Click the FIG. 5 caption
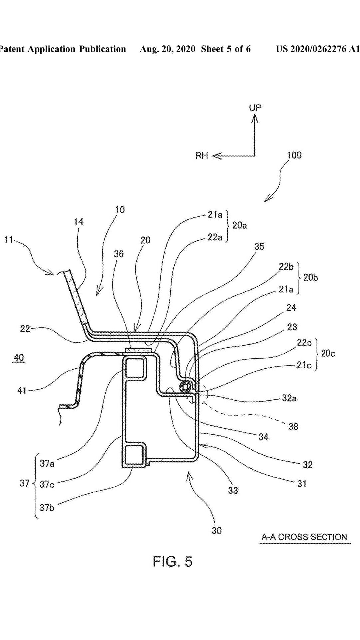click(172, 562)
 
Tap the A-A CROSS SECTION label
click(304, 537)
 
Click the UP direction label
click(255, 107)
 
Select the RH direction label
click(201, 156)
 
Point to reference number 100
click(294, 155)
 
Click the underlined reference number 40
click(19, 358)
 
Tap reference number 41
click(22, 390)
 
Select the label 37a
click(47, 463)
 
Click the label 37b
click(47, 508)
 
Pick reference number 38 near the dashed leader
click(293, 426)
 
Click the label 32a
click(289, 398)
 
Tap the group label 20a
click(239, 226)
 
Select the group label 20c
click(328, 353)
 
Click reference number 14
click(79, 222)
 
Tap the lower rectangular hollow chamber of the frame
click(135, 454)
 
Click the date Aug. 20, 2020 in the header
click(167, 49)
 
